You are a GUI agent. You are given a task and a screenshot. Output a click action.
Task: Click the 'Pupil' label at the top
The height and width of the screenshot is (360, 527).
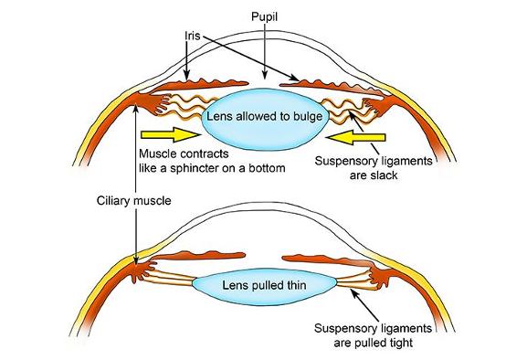(263, 17)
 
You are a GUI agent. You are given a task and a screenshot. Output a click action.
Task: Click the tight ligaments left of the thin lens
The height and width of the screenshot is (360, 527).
(174, 279)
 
